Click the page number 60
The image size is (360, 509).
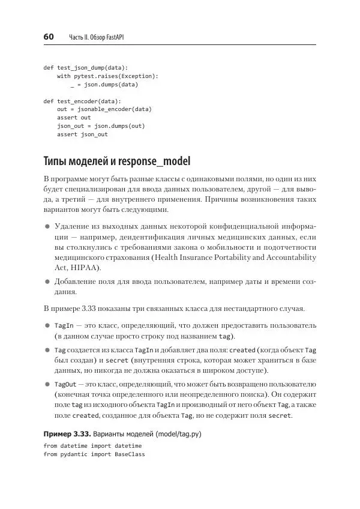pos(49,37)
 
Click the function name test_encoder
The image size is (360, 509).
pos(77,101)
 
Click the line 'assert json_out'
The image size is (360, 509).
pos(82,134)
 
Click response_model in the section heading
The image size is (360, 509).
pos(155,161)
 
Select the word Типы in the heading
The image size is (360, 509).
pos(55,161)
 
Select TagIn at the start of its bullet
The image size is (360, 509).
pos(64,325)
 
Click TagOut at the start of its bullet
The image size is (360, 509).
pos(65,384)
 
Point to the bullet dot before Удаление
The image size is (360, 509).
pos(47,226)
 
